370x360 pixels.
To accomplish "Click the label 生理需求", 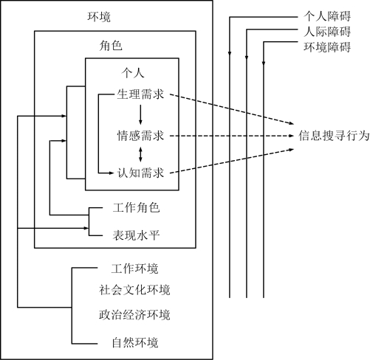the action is pos(140,94).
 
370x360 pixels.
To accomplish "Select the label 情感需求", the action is pos(140,136).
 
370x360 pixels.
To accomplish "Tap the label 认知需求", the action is pos(140,173).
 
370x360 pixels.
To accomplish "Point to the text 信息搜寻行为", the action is pos(334,136).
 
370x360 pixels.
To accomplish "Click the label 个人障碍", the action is pos(327,16).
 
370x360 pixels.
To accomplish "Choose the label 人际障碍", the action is pos(327,32).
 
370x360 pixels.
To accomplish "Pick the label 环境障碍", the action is pos(327,47).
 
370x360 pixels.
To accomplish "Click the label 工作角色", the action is pos(136,207).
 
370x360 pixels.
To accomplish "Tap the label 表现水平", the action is pos(136,235).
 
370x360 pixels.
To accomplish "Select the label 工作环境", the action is pos(134,269).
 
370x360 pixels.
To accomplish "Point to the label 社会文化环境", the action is pos(134,290).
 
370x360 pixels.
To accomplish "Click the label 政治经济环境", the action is pos(134,315).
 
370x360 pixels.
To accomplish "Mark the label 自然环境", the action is pos(135,343).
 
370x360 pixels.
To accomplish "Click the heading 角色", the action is pos(111,46).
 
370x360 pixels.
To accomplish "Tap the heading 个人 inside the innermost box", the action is pos(133,73).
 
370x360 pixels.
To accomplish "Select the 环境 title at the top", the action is pos(99,17).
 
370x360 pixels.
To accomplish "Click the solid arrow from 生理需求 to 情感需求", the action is pos(140,114).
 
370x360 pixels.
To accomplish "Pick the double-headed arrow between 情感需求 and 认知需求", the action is pos(140,154).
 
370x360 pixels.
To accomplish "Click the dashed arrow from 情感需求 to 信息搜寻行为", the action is pos(232,136).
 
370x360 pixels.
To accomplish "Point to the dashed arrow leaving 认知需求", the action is pos(232,161).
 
